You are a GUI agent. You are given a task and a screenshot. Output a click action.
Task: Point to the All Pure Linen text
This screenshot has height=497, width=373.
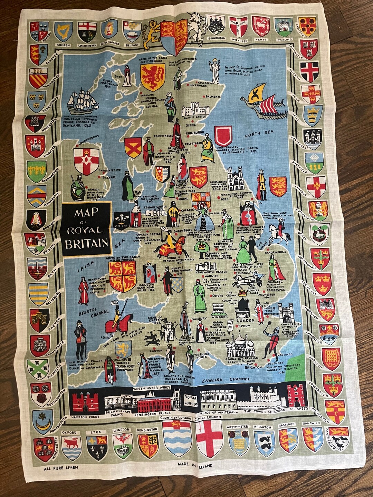pyautogui.click(x=61, y=468)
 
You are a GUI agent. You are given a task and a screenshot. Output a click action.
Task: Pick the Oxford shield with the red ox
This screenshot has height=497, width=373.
pyautogui.click(x=71, y=448)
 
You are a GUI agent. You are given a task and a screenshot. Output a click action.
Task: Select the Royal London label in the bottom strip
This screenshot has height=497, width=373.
pyautogui.click(x=190, y=400)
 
